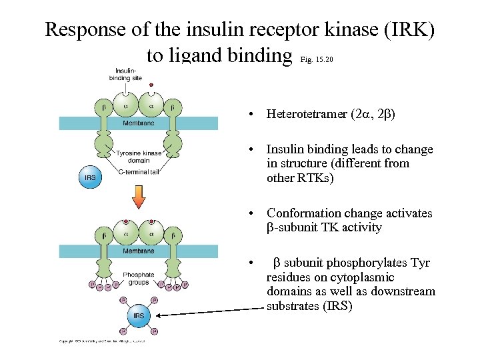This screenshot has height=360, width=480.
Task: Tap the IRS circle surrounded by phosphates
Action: (x=139, y=315)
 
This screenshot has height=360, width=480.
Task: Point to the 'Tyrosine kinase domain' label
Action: (x=138, y=157)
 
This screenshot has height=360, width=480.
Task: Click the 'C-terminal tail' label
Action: (x=138, y=173)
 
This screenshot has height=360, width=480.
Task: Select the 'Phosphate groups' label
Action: (x=138, y=278)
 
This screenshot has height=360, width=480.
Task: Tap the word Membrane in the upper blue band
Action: (x=138, y=123)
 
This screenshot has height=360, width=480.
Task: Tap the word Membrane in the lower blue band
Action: (x=138, y=251)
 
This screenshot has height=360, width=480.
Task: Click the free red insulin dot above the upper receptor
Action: (x=151, y=85)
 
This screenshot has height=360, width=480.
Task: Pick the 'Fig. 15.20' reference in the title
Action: (x=317, y=60)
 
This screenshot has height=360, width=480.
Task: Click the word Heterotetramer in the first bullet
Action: (x=306, y=114)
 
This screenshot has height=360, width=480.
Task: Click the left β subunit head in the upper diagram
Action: (x=104, y=106)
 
